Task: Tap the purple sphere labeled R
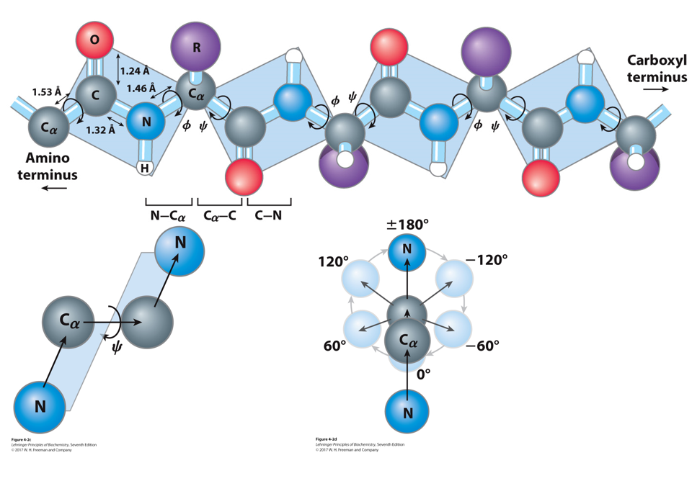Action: [195, 47]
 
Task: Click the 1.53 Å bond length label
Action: [47, 91]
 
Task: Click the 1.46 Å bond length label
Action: [141, 88]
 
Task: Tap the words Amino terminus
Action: [51, 166]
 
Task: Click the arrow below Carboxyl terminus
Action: [655, 90]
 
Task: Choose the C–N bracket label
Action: [268, 215]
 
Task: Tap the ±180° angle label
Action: [407, 224]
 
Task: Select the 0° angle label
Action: [424, 374]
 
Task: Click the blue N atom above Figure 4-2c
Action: [40, 406]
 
